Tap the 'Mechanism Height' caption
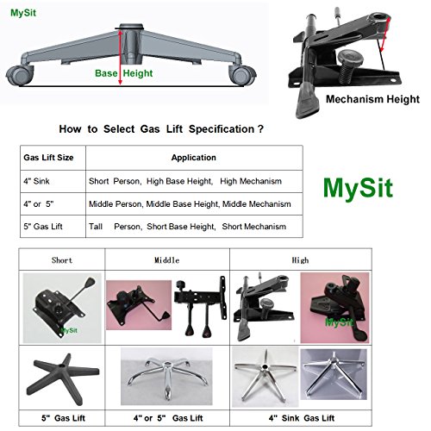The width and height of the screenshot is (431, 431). click(373, 99)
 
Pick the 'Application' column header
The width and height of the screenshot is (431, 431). click(193, 158)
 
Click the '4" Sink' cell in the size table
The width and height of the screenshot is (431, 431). click(40, 182)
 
